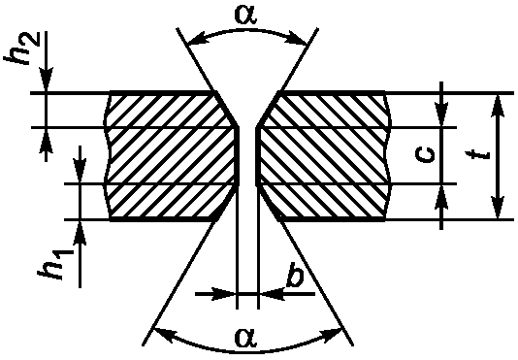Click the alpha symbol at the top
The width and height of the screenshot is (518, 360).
(x=245, y=15)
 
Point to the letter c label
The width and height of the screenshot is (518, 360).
(x=425, y=154)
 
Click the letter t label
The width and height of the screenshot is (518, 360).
(x=476, y=155)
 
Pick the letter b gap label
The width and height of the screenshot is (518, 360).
(x=295, y=275)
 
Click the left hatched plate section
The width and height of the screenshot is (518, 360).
(x=172, y=155)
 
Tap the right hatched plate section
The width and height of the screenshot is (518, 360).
(x=324, y=155)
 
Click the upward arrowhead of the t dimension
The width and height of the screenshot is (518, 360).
(x=498, y=105)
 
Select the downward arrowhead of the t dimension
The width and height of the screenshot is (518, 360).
(x=498, y=208)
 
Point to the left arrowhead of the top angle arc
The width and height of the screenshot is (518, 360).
(x=197, y=39)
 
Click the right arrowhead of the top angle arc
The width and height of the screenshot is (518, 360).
(x=298, y=38)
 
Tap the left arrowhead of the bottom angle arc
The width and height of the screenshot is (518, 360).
(x=166, y=334)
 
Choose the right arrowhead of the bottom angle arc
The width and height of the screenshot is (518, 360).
(x=332, y=334)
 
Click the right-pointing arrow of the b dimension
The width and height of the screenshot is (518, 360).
(x=216, y=293)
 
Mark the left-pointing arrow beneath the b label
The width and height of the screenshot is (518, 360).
(x=287, y=293)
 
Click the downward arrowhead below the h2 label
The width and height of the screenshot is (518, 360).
(x=47, y=80)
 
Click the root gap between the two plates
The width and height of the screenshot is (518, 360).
(x=247, y=155)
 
